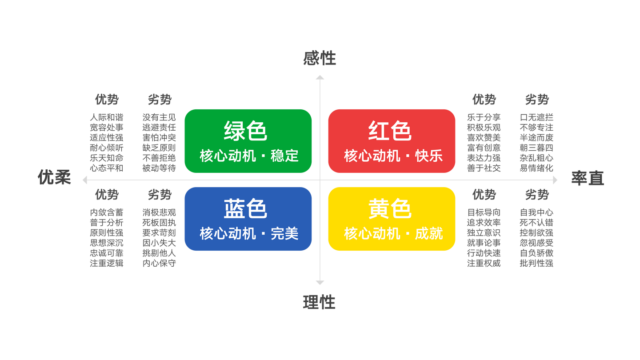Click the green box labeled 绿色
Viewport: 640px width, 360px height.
pos(248,141)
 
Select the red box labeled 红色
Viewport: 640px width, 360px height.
pos(392,141)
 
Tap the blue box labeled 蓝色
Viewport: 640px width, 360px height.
pos(248,219)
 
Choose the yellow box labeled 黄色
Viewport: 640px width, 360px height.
pos(392,219)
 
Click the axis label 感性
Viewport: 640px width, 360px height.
pos(320,58)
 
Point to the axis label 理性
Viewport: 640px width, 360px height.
pos(320,302)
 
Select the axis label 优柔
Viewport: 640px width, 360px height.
pos(54,177)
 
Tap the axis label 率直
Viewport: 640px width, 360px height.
pos(588,178)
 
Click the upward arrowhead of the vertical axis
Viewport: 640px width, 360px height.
pos(320,77)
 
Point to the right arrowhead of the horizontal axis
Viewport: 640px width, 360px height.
pos(555,180)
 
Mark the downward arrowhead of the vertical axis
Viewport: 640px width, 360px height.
pos(320,283)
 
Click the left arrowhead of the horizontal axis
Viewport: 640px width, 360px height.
pos(84,180)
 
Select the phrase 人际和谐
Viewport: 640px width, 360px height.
pos(107,117)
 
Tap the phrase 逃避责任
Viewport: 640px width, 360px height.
pos(159,128)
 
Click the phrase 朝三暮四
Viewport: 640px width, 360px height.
pos(536,148)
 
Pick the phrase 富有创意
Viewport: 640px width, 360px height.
pos(484,148)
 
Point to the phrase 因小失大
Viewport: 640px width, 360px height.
pos(159,243)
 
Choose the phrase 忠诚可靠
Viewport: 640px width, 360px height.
pos(107,253)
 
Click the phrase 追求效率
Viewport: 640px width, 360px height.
pos(484,223)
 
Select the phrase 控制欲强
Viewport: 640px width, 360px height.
pos(536,233)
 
